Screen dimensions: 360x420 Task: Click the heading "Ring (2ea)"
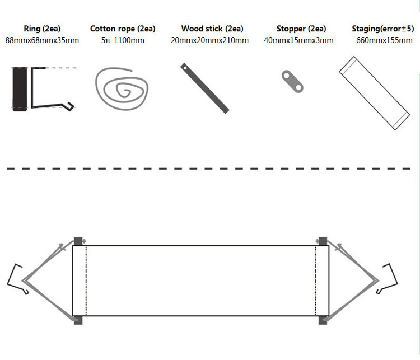[x=41, y=29]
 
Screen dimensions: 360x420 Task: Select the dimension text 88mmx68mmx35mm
[x=41, y=40]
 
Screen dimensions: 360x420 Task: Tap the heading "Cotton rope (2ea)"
[x=123, y=29]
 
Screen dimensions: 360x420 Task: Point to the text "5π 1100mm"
[x=123, y=40]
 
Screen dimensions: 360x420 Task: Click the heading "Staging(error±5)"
[x=382, y=29]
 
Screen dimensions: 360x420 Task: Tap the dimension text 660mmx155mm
[x=383, y=40]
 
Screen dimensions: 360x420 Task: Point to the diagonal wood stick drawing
[x=204, y=88]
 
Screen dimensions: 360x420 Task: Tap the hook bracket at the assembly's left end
[x=17, y=278]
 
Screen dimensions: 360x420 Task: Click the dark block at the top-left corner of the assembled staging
[x=78, y=241]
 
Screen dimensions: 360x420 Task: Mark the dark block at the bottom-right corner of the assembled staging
[x=323, y=320]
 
